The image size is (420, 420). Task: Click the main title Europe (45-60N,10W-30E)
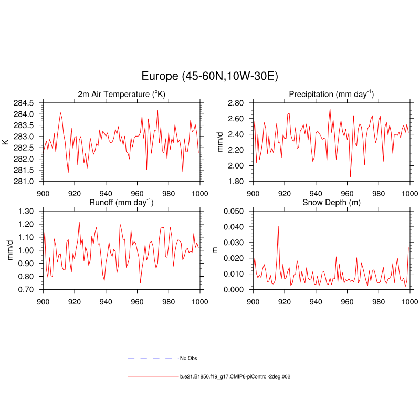pos(209,76)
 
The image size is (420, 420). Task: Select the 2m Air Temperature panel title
pos(121,94)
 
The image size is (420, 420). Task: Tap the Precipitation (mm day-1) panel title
pos(331,94)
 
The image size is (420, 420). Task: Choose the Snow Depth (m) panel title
pos(331,202)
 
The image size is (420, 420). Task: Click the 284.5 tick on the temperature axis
pos(25,102)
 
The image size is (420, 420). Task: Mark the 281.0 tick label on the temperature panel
pos(25,181)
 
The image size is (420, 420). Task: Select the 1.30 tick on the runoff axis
pos(25,211)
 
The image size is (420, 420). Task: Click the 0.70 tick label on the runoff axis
pos(25,289)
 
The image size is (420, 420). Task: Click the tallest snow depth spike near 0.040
pos(278,226)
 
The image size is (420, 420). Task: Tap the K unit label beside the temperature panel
pos(5,142)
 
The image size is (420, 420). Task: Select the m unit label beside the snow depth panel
pos(215,250)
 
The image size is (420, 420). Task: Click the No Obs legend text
pos(188,358)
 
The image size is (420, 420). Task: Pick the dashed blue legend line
pos(150,358)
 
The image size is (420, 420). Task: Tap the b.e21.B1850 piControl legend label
pos(236,377)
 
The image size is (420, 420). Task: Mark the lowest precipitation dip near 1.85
pos(350,176)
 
